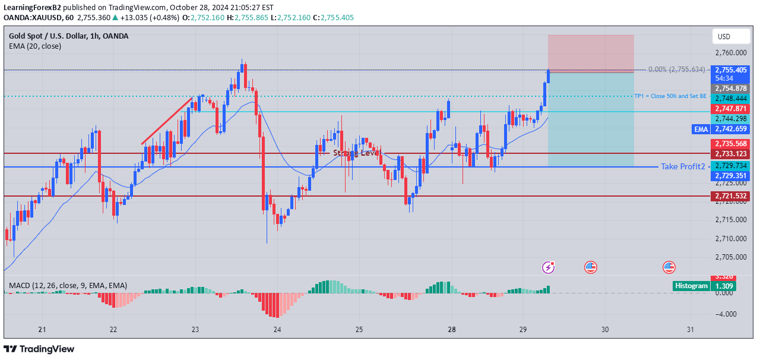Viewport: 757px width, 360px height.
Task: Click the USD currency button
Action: tap(724, 37)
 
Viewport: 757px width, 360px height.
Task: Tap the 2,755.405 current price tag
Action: tap(731, 70)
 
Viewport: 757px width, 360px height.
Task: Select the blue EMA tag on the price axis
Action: tap(701, 129)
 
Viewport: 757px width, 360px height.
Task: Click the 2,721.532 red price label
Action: tap(731, 196)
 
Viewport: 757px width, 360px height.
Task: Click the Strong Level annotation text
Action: tap(356, 153)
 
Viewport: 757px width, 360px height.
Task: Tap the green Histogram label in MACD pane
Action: tap(692, 286)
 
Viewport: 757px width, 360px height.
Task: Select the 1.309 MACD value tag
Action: tap(725, 286)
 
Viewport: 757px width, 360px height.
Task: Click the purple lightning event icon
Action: tap(549, 267)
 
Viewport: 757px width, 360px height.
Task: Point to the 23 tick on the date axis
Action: tap(195, 329)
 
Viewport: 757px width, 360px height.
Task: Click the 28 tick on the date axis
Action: tap(452, 329)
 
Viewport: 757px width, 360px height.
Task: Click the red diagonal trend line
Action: tap(167, 121)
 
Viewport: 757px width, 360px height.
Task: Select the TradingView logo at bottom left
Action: tap(39, 349)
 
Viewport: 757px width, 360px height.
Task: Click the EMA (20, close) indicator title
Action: tap(35, 46)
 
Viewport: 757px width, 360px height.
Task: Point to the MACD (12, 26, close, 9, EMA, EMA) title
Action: tap(68, 286)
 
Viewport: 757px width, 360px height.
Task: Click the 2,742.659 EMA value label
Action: tap(731, 129)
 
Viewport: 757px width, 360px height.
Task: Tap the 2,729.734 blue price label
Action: tap(731, 166)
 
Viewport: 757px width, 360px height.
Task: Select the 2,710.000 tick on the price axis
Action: tap(731, 239)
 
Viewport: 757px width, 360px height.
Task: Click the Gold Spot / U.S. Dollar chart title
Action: tap(68, 36)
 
